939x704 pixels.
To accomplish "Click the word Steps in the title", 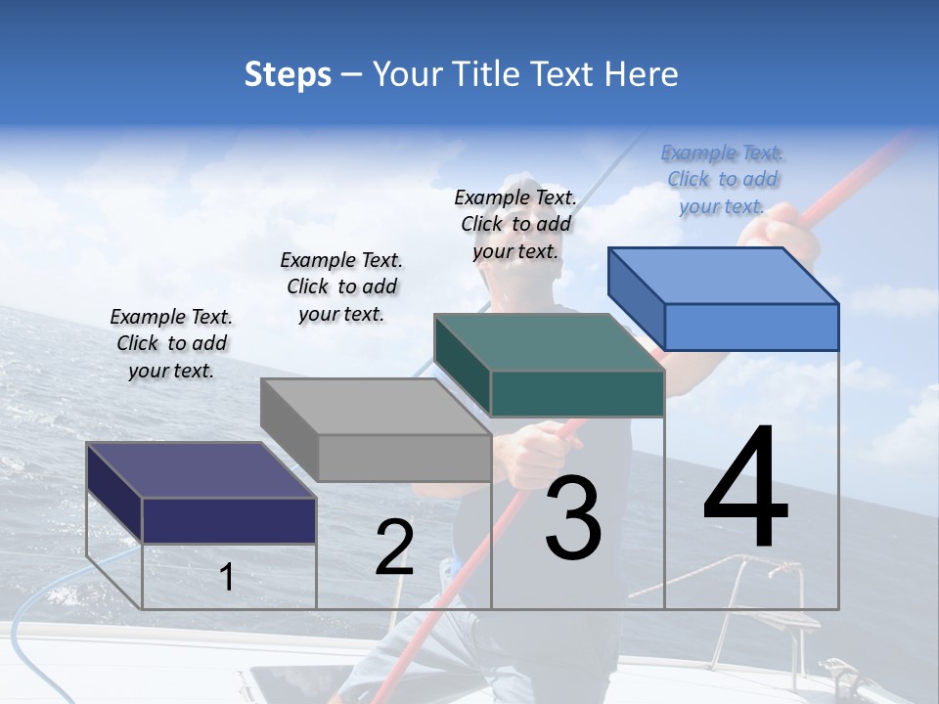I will (288, 74).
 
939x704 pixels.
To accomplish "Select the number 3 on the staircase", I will (573, 517).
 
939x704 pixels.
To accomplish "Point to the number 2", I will (394, 548).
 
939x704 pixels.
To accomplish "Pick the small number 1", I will (226, 577).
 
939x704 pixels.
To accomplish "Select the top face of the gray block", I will (376, 407).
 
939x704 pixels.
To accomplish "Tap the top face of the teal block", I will (549, 343).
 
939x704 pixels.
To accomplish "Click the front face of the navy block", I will (229, 520).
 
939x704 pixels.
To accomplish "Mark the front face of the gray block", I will (404, 458).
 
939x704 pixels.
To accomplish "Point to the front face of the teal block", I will (577, 394).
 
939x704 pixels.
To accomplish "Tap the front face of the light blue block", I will (751, 327).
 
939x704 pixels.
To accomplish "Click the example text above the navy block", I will (171, 343).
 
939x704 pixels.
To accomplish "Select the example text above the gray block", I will (341, 286).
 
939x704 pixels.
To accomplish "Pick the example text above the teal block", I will (515, 224).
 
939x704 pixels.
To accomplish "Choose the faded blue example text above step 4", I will (722, 179).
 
